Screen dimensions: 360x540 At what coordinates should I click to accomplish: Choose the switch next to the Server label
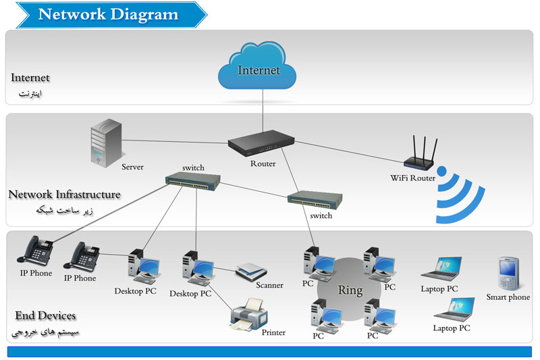(194, 180)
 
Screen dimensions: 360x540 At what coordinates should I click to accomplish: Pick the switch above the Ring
(315, 199)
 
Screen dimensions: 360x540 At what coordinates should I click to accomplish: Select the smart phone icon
(507, 273)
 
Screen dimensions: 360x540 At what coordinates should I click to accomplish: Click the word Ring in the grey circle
(350, 291)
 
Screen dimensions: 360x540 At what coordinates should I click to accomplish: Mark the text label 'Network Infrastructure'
(65, 195)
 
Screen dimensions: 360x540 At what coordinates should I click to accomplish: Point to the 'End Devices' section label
(45, 315)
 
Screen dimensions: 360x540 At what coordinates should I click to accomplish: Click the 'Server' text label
(133, 167)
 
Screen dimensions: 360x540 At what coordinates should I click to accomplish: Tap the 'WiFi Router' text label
(413, 178)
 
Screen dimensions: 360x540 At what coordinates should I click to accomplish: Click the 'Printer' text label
(273, 332)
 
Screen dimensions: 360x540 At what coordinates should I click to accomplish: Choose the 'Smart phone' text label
(508, 297)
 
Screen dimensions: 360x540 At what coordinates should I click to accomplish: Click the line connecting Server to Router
(175, 141)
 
